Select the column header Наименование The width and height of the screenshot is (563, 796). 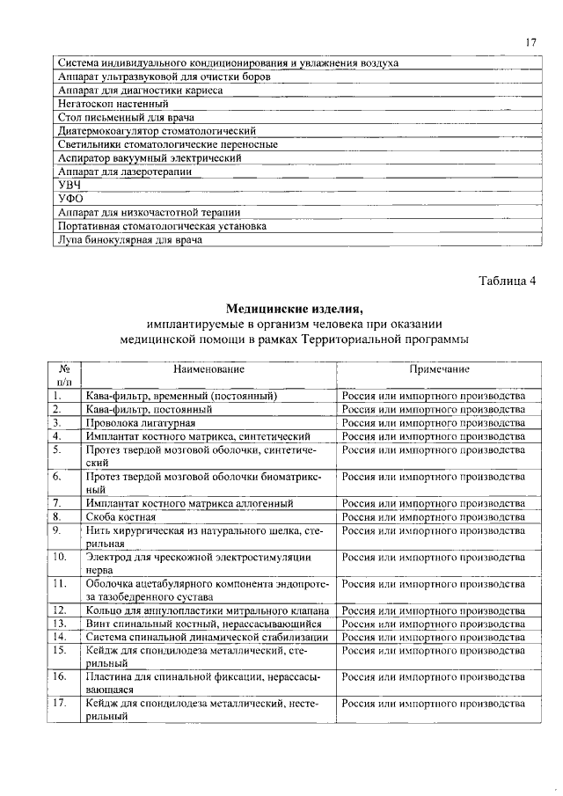click(x=208, y=369)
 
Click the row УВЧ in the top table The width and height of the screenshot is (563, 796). click(x=69, y=185)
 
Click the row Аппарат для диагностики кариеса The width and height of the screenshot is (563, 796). click(x=140, y=91)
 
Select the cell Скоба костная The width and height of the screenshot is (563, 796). click(x=120, y=516)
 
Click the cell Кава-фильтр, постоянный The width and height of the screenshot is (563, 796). click(x=149, y=409)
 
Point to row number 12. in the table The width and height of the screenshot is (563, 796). click(x=60, y=610)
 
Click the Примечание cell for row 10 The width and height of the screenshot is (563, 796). click(x=434, y=557)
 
